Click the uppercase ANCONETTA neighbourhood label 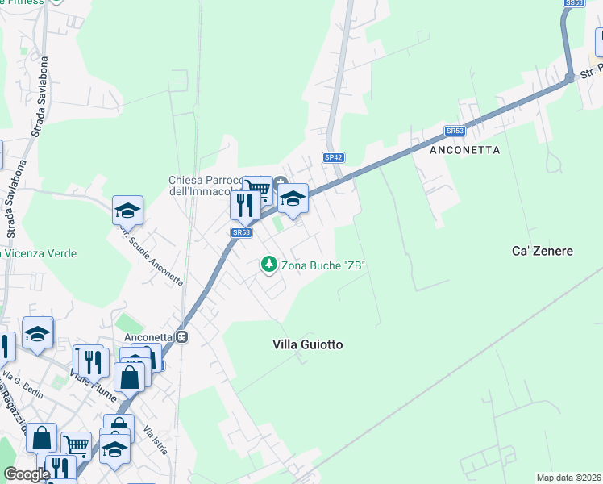click(465, 150)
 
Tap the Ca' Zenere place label click(542, 251)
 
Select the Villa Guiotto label click(308, 344)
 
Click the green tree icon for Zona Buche click(268, 264)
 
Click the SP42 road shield click(333, 158)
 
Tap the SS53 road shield click(573, 3)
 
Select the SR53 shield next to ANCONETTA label click(455, 131)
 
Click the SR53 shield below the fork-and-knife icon click(242, 232)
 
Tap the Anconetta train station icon click(183, 336)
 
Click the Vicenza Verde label click(40, 253)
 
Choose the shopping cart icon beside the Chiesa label click(257, 190)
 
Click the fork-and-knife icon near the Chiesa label click(245, 205)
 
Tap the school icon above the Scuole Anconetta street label click(127, 211)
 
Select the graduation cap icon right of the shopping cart click(293, 198)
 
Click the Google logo click(27, 474)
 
